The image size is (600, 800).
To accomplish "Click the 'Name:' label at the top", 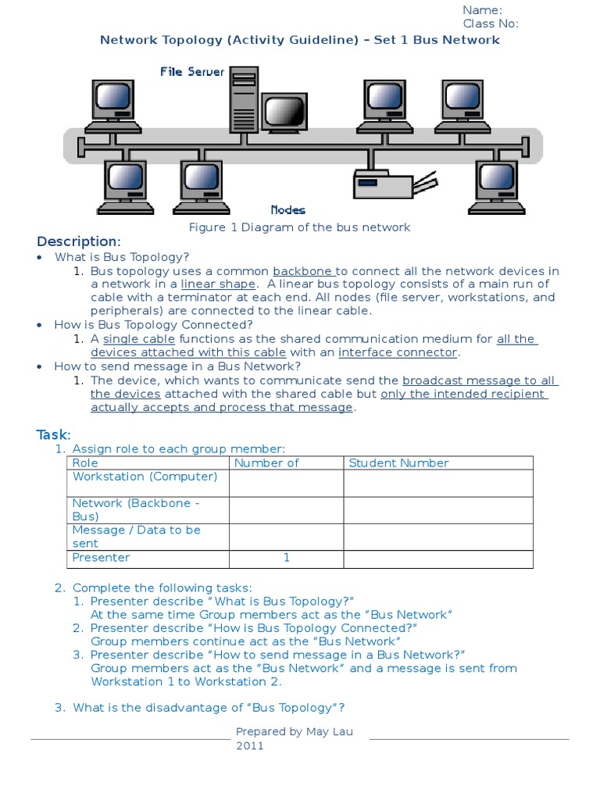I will pyautogui.click(x=482, y=9).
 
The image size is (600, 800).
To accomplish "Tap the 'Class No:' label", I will pyautogui.click(x=491, y=23).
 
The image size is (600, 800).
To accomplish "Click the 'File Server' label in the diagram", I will pyautogui.click(x=192, y=72).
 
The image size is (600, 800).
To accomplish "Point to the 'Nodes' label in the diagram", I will pyautogui.click(x=287, y=209).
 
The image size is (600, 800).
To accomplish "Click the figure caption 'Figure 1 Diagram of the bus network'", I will pyautogui.click(x=299, y=227).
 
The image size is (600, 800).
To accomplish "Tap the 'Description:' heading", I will pyautogui.click(x=79, y=241).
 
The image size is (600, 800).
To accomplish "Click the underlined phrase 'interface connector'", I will pyautogui.click(x=397, y=352).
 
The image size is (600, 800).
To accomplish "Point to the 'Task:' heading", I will pyautogui.click(x=54, y=434).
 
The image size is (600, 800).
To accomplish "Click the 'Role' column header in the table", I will pyautogui.click(x=85, y=462).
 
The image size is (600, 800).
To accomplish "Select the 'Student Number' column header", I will pyautogui.click(x=398, y=462).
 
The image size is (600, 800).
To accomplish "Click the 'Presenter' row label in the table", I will pyautogui.click(x=101, y=558).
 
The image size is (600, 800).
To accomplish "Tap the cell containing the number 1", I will pyautogui.click(x=286, y=558).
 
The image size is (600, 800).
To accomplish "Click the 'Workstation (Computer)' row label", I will pyautogui.click(x=145, y=477).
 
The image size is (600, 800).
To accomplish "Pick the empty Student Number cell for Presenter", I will pyautogui.click(x=437, y=559).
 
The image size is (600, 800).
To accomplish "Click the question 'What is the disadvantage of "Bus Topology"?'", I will pyautogui.click(x=209, y=708).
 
